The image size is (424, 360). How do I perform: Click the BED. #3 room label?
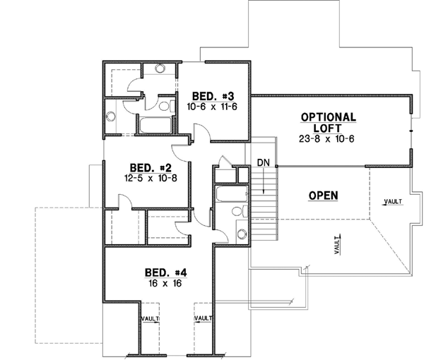(209, 95)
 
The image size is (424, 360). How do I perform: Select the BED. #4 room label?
(165, 272)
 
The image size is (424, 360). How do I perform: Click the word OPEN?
(323, 195)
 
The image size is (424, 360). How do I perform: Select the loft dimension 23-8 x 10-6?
(326, 138)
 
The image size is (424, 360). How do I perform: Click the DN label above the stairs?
(264, 163)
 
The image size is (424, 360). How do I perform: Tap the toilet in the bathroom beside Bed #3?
(165, 107)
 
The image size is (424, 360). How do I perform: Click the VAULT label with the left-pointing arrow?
(391, 202)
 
